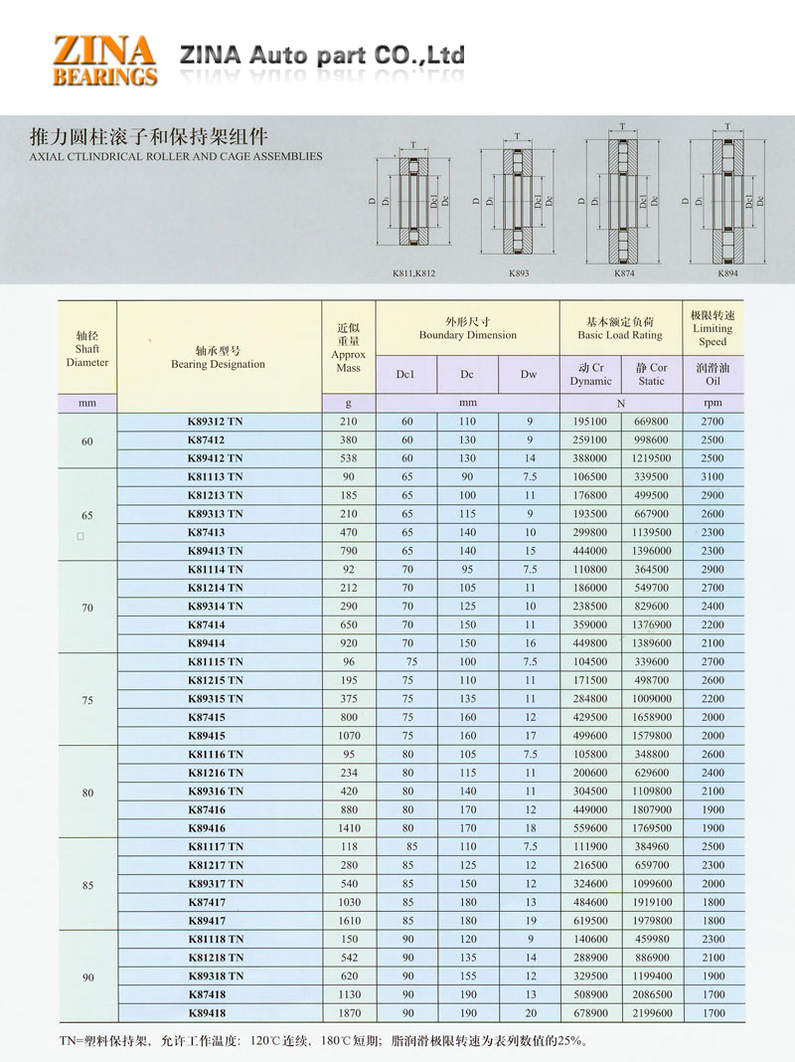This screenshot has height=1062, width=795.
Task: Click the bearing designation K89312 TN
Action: coord(215,422)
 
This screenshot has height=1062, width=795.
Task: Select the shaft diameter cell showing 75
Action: coord(87,699)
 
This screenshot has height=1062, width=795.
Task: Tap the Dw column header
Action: coord(529,374)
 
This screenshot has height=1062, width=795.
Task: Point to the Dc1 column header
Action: coord(405,374)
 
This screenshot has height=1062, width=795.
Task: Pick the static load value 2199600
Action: coord(652,1013)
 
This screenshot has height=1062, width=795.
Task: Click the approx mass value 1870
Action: coord(349,1013)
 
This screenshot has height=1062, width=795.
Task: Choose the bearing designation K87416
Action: coord(208,809)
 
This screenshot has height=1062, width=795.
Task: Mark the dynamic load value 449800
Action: coord(590,643)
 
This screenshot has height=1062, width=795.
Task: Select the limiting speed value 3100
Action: coord(713,476)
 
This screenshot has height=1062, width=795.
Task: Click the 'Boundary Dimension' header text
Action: coord(467,335)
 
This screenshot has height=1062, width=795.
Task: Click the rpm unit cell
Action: coord(713,403)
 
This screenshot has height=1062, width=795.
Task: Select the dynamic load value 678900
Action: coord(590,1013)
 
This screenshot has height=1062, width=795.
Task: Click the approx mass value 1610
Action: coord(349,921)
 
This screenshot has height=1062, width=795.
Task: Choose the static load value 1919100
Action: coord(652,902)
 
